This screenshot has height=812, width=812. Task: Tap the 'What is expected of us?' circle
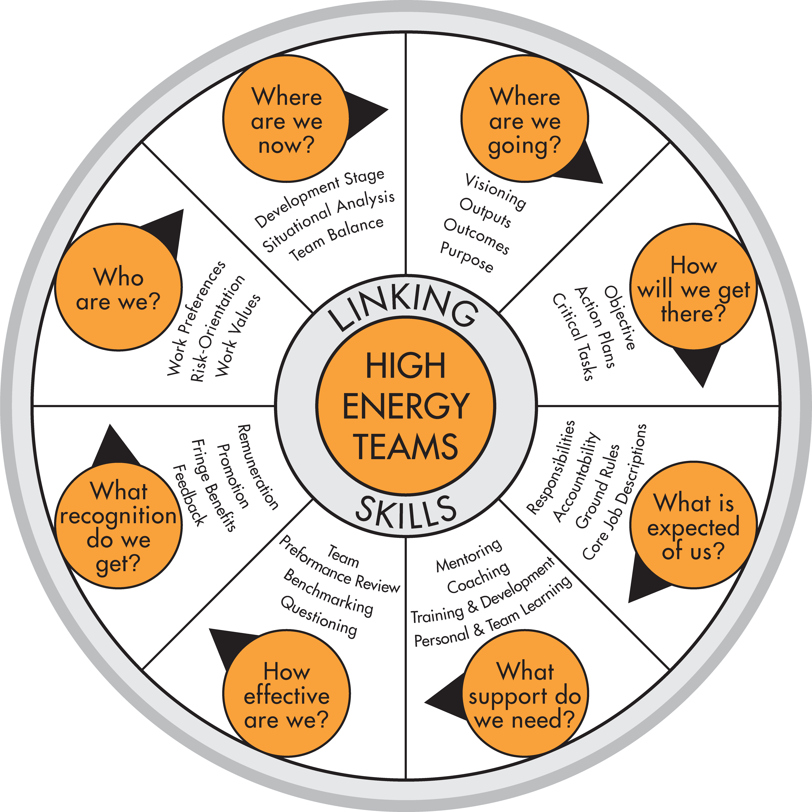click(x=693, y=525)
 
